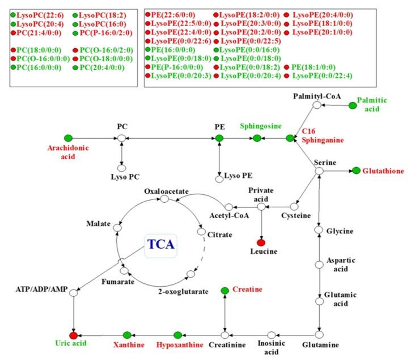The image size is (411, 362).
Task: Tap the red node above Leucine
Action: click(261, 243)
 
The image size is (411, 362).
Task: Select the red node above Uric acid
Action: click(73, 335)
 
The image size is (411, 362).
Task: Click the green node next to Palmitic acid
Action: click(353, 105)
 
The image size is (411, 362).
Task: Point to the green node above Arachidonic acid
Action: click(69, 138)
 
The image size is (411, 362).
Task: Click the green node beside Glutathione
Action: click(356, 171)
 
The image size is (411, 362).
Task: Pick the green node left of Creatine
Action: click(225, 291)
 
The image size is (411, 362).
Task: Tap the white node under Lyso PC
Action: click(121, 168)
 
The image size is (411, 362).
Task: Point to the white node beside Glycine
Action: click(320, 231)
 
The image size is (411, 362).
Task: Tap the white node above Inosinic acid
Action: click(272, 335)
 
